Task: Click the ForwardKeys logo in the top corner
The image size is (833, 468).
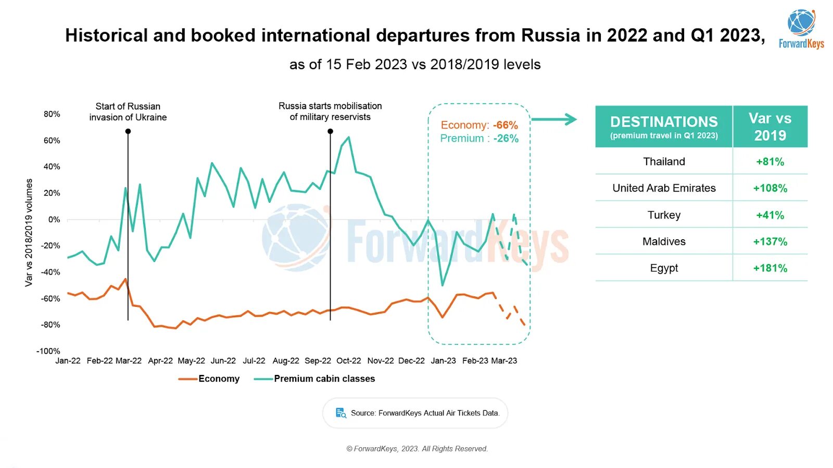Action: click(801, 29)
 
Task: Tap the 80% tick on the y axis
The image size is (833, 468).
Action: click(52, 114)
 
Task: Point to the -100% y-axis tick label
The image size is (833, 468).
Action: click(48, 351)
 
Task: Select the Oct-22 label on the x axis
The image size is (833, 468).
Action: click(348, 361)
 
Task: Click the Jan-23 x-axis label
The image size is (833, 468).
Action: click(443, 361)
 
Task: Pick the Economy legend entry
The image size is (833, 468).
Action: click(209, 379)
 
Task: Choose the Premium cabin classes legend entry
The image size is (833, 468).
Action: click(314, 379)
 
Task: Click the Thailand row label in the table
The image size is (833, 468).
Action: click(664, 162)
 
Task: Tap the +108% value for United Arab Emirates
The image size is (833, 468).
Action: click(770, 188)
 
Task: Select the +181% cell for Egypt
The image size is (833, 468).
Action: click(770, 268)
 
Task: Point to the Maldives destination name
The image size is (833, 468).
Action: click(664, 241)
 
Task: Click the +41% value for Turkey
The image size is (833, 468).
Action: click(770, 215)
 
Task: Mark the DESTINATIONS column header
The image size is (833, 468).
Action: click(664, 126)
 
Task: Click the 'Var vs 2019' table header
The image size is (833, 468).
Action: click(770, 126)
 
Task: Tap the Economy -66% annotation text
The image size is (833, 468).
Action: click(479, 125)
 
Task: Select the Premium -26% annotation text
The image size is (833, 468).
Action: click(479, 138)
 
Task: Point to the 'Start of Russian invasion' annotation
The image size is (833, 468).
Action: click(128, 112)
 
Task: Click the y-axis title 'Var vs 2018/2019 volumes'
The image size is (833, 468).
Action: click(29, 232)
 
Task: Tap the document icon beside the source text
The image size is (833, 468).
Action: click(341, 413)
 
